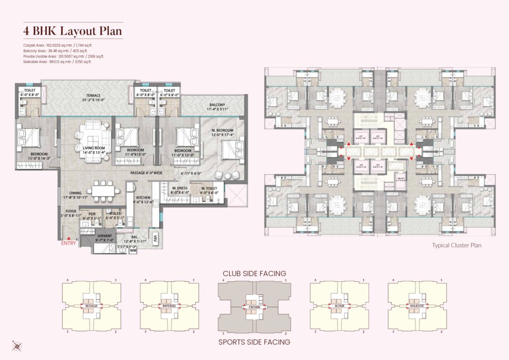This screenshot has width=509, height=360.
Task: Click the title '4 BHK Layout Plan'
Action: tap(73, 31)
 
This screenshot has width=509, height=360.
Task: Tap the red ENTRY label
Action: tap(69, 244)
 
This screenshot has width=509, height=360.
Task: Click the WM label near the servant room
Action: tap(133, 251)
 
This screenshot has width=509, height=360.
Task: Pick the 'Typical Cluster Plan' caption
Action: tap(457, 245)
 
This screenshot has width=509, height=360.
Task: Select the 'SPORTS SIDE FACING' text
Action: tap(254, 342)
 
